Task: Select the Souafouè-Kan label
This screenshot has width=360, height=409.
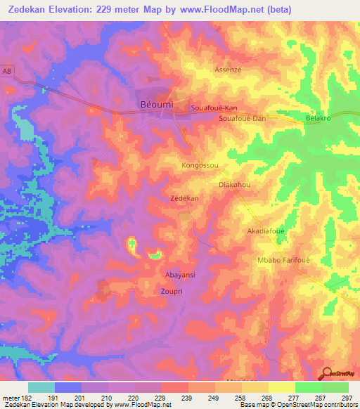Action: [214, 108]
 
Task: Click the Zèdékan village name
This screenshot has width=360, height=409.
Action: [184, 199]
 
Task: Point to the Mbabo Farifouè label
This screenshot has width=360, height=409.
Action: [284, 259]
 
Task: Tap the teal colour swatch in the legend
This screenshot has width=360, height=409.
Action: [41, 387]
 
